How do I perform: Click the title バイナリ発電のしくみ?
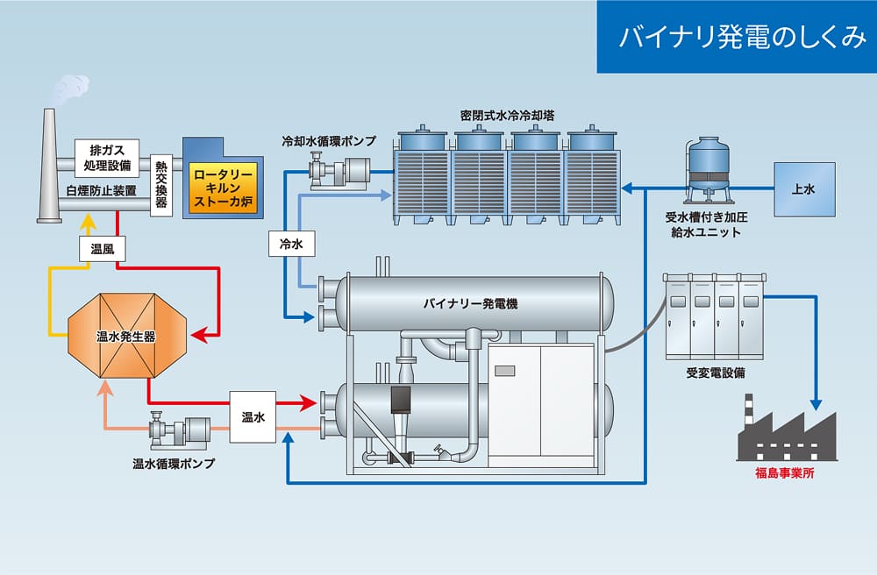coord(742,37)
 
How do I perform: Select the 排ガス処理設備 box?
coord(107,158)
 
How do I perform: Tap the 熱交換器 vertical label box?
coord(161,185)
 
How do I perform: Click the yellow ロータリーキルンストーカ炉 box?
coord(223,188)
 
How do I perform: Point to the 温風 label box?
coord(103,249)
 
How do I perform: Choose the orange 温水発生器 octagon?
coord(127,336)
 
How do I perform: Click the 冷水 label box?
coord(291,244)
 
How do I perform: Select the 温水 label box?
coord(253,417)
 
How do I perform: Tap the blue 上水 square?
coord(804,189)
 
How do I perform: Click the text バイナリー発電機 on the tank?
coord(470,304)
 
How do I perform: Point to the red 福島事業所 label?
coord(785,473)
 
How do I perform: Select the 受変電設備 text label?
coord(716,373)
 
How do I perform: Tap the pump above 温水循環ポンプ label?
coord(179,429)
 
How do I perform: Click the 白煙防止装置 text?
coord(101,190)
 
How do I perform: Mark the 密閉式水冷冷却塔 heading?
coord(507,116)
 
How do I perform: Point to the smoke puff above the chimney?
coord(71,89)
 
